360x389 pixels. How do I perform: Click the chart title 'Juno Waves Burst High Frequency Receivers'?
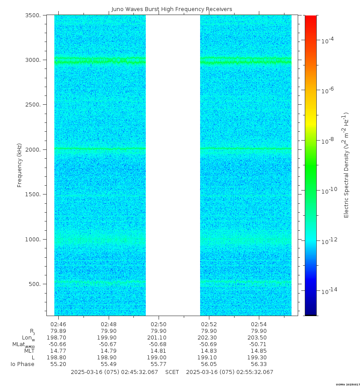pyautogui.click(x=171, y=9)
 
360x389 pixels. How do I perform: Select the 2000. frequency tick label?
pyautogui.click(x=35, y=150)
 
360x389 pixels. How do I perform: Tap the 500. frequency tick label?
pyautogui.click(x=37, y=284)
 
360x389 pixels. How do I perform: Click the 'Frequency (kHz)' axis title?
pyautogui.click(x=19, y=165)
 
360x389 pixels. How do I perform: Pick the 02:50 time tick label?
pyautogui.click(x=159, y=324)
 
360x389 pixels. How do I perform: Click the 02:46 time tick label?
pyautogui.click(x=58, y=324)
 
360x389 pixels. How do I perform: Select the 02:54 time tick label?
pyautogui.click(x=259, y=324)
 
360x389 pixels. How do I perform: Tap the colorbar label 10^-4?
pyautogui.click(x=327, y=40)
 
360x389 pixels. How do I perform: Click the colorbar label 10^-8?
pyautogui.click(x=327, y=141)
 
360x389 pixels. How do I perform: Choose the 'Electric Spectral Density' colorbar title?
pyautogui.click(x=347, y=165)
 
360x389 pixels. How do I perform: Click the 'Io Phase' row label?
pyautogui.click(x=23, y=364)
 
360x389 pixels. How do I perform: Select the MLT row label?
pyautogui.click(x=29, y=351)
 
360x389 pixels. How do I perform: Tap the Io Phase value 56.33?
pyautogui.click(x=259, y=364)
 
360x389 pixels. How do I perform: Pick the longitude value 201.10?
pyautogui.click(x=159, y=338)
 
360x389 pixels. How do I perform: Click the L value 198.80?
pyautogui.click(x=58, y=358)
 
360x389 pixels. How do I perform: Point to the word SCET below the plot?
pyautogui.click(x=172, y=372)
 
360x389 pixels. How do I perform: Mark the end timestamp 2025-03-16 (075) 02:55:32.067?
pyautogui.click(x=230, y=372)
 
